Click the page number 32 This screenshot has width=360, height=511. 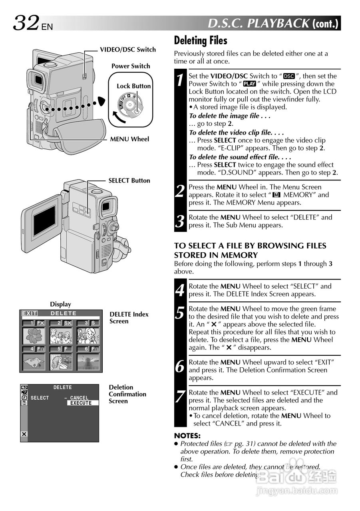pos(26,23)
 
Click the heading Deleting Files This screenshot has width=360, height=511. pos(201,40)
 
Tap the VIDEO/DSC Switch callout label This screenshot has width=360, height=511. pos(127,50)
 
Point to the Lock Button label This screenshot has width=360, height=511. pos(133,86)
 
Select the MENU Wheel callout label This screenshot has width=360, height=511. pos(129,139)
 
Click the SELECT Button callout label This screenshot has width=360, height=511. pos(129,180)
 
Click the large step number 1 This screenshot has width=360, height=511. pos(181,80)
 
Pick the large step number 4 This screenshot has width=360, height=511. pos(181,290)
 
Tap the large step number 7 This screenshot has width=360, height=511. pos(181,396)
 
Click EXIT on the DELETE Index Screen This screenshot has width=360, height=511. pos(29,313)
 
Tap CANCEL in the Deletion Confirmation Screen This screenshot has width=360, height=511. pos(79,398)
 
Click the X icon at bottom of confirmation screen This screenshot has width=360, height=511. pos(24,434)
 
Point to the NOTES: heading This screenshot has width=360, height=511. pos(187,436)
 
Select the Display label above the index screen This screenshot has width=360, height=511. pos(60,304)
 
